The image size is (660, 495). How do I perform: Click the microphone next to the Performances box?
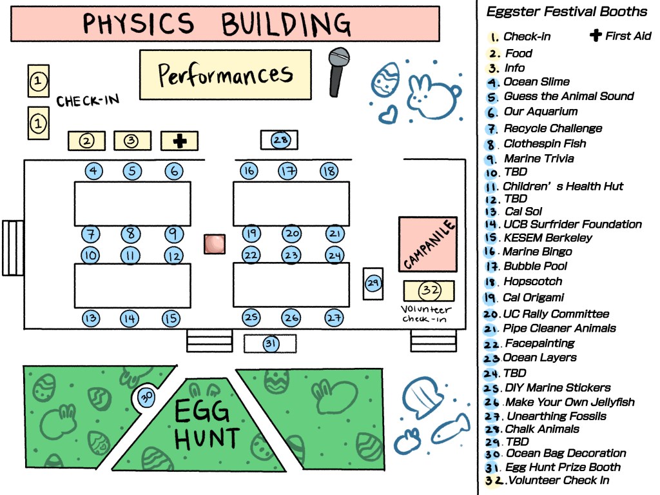point(337,72)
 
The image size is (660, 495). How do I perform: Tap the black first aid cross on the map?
point(180,141)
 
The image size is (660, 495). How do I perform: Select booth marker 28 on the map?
point(280,139)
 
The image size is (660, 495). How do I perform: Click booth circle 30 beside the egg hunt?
point(146,398)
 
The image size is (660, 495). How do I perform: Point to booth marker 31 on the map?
point(271,344)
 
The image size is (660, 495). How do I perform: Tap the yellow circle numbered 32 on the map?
point(429,290)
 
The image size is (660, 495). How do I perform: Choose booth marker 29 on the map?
point(373,283)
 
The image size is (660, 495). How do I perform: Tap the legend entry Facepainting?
point(539,343)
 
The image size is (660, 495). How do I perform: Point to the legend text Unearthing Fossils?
point(556,416)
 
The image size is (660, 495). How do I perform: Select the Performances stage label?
point(226,75)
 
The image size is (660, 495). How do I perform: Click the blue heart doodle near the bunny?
point(387,116)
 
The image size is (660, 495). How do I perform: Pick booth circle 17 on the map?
point(287,171)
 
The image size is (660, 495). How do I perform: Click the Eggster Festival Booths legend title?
point(567,12)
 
